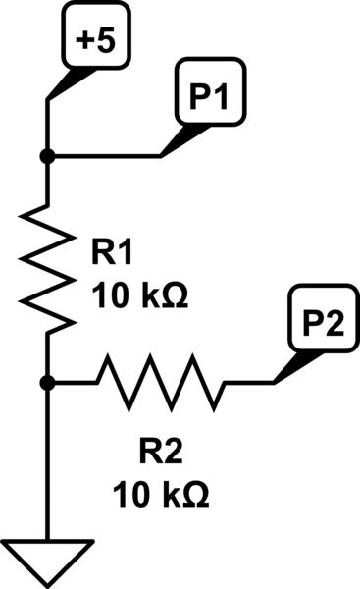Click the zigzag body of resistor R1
[x=47, y=266]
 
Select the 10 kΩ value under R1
[x=138, y=294]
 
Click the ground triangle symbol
[x=47, y=558]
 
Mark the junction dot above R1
[x=47, y=156]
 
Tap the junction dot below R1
[x=47, y=383]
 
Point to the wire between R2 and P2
[x=250, y=383]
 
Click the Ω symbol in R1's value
[x=172, y=294]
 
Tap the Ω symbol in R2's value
[x=195, y=493]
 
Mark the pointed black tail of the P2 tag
[x=289, y=367]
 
